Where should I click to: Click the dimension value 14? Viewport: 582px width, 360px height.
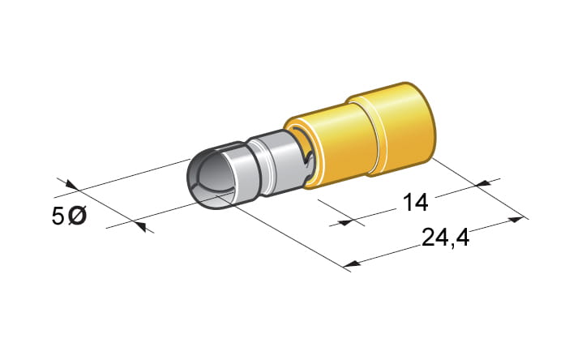[415, 203]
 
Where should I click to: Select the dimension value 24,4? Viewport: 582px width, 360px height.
[445, 238]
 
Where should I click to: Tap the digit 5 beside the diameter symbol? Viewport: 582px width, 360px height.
[58, 216]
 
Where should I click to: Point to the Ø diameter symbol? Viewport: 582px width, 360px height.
[78, 216]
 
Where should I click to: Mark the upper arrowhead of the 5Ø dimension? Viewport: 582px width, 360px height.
[71, 185]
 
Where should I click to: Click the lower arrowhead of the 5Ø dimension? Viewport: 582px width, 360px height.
[140, 225]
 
